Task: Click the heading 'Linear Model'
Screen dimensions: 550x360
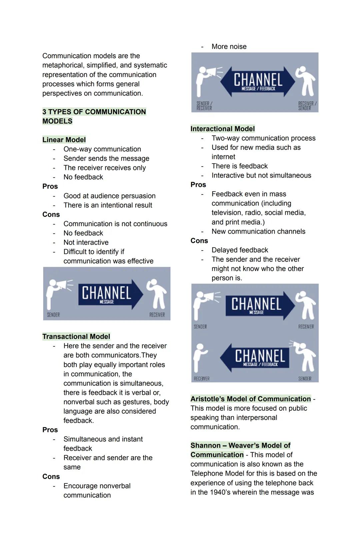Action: coord(64,140)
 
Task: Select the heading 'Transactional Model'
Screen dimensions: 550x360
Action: coord(76,336)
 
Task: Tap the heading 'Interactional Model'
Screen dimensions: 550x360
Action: coord(222,129)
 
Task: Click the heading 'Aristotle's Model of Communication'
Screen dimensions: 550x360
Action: coord(250,399)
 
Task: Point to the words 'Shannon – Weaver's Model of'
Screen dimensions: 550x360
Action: coord(240,445)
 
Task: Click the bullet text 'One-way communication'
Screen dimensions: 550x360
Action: coord(102,149)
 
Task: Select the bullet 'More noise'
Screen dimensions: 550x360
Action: coord(229,47)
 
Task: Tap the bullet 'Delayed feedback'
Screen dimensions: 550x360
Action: coord(240,250)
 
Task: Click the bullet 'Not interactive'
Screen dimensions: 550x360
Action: coord(86,243)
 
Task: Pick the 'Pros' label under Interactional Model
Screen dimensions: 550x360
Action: coord(198,185)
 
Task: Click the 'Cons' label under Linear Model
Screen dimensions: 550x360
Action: coord(51,215)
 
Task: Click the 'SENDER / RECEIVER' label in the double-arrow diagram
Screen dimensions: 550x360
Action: coord(204,106)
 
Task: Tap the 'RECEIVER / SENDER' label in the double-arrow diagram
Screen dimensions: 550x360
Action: coord(307,106)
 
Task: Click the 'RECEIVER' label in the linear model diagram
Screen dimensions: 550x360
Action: coord(157,315)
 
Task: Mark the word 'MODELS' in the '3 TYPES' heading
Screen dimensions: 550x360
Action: coord(57,121)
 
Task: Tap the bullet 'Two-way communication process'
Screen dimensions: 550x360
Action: coord(263,138)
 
